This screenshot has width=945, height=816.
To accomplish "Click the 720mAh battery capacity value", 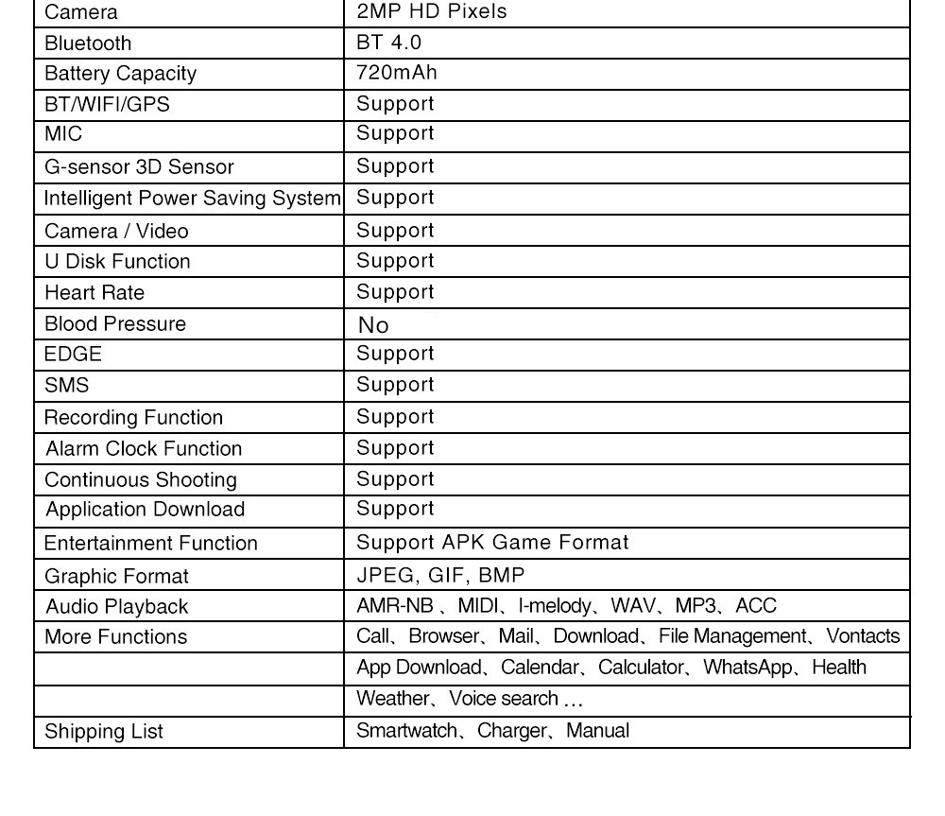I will tap(397, 73).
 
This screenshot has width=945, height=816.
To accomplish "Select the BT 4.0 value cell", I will tap(388, 43).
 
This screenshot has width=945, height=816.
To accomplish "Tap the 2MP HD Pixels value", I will tap(431, 11).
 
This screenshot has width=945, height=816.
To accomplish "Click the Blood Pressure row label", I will tap(115, 323).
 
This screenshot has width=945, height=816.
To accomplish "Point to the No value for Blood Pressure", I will tap(373, 325).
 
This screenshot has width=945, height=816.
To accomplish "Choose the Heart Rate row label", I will tap(94, 292).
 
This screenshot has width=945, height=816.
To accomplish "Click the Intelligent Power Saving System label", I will tap(192, 199).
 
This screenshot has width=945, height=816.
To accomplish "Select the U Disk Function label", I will tap(117, 261).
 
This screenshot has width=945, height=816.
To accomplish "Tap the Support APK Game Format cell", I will tap(492, 543).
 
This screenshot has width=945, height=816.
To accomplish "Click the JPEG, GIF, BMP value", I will tap(440, 575).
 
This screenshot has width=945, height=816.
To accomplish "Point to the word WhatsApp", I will tap(747, 668).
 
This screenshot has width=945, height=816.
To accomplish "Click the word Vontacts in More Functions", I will tap(863, 636).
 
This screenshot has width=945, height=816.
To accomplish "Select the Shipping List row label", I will tap(104, 731).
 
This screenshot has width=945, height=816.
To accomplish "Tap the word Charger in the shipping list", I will tap(511, 731).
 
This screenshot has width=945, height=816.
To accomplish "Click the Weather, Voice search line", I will tap(469, 699).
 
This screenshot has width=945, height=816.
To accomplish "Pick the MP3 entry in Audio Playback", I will tap(696, 606).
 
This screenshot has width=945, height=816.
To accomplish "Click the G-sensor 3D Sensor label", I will tap(139, 167).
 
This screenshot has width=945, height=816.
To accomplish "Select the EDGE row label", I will tap(73, 355).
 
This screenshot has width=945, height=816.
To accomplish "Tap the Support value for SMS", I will tap(395, 385).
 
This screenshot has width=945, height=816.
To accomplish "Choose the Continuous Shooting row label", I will tap(141, 479).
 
